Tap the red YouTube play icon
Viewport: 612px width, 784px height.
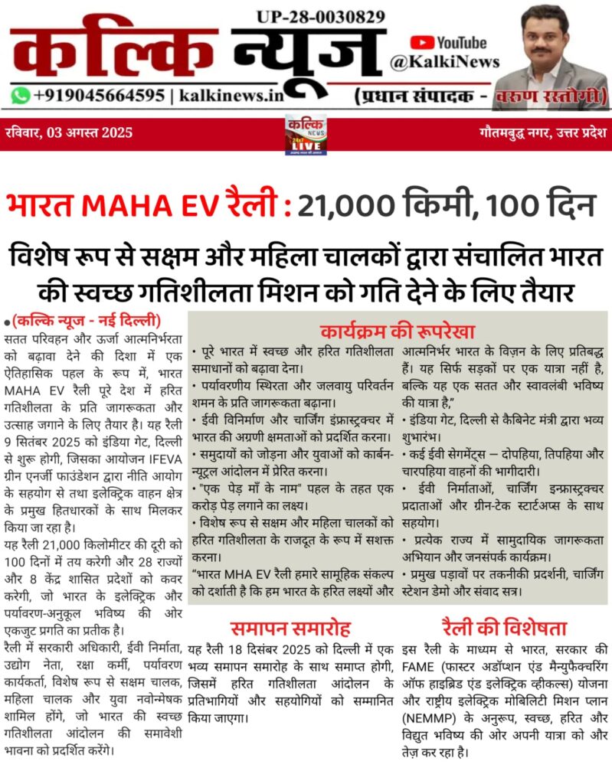421,44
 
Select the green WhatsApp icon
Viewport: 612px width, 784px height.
21,96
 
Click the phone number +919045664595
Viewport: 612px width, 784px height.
99,96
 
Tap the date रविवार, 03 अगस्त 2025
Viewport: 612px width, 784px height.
68,132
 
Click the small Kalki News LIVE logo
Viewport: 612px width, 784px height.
306,135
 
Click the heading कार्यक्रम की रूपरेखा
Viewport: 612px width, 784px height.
398,331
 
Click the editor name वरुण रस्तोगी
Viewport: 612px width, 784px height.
562,97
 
